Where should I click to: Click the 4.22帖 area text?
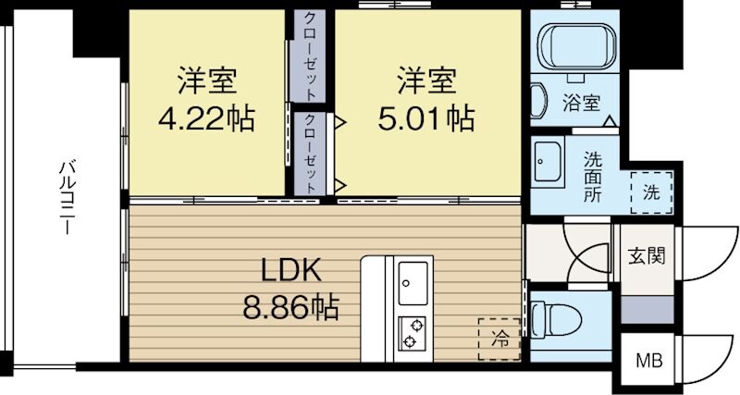(x=206, y=118)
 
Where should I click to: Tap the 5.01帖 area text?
(x=426, y=118)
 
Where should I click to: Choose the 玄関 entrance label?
(x=645, y=255)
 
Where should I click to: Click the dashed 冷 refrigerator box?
(x=499, y=339)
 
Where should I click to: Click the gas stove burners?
(x=413, y=335)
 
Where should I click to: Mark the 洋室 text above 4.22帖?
(x=206, y=81)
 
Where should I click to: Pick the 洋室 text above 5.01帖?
(x=426, y=81)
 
